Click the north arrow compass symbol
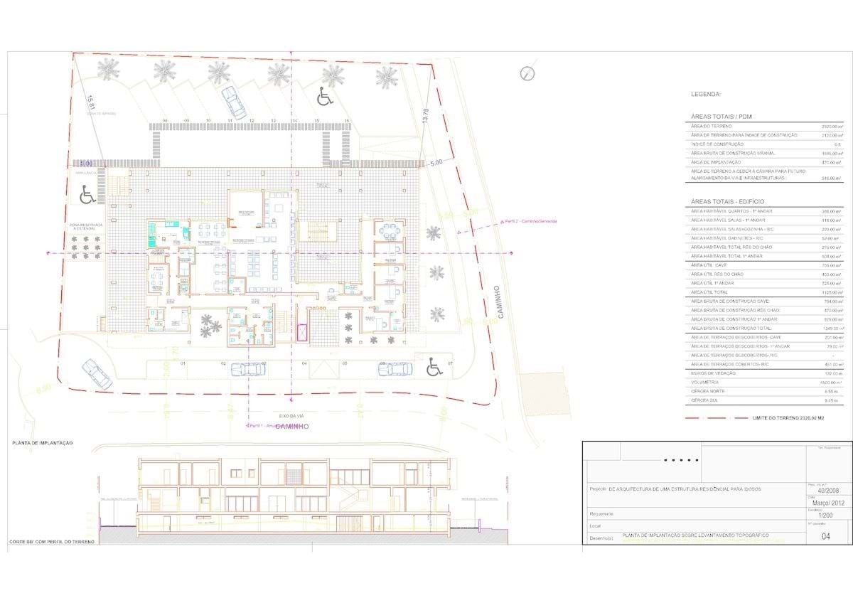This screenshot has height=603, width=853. [527, 73]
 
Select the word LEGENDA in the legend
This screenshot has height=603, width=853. [706, 94]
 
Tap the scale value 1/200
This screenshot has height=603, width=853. [825, 518]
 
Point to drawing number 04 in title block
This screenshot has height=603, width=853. [825, 537]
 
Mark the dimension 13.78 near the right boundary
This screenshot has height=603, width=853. [426, 116]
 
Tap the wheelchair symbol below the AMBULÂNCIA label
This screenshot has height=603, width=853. [87, 193]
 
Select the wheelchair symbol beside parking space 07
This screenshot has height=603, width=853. [434, 368]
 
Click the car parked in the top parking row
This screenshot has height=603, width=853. [233, 102]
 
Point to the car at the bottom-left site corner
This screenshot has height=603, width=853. [97, 373]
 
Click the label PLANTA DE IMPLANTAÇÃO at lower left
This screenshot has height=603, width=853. [42, 443]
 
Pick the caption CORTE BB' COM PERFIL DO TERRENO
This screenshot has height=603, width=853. [51, 541]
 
